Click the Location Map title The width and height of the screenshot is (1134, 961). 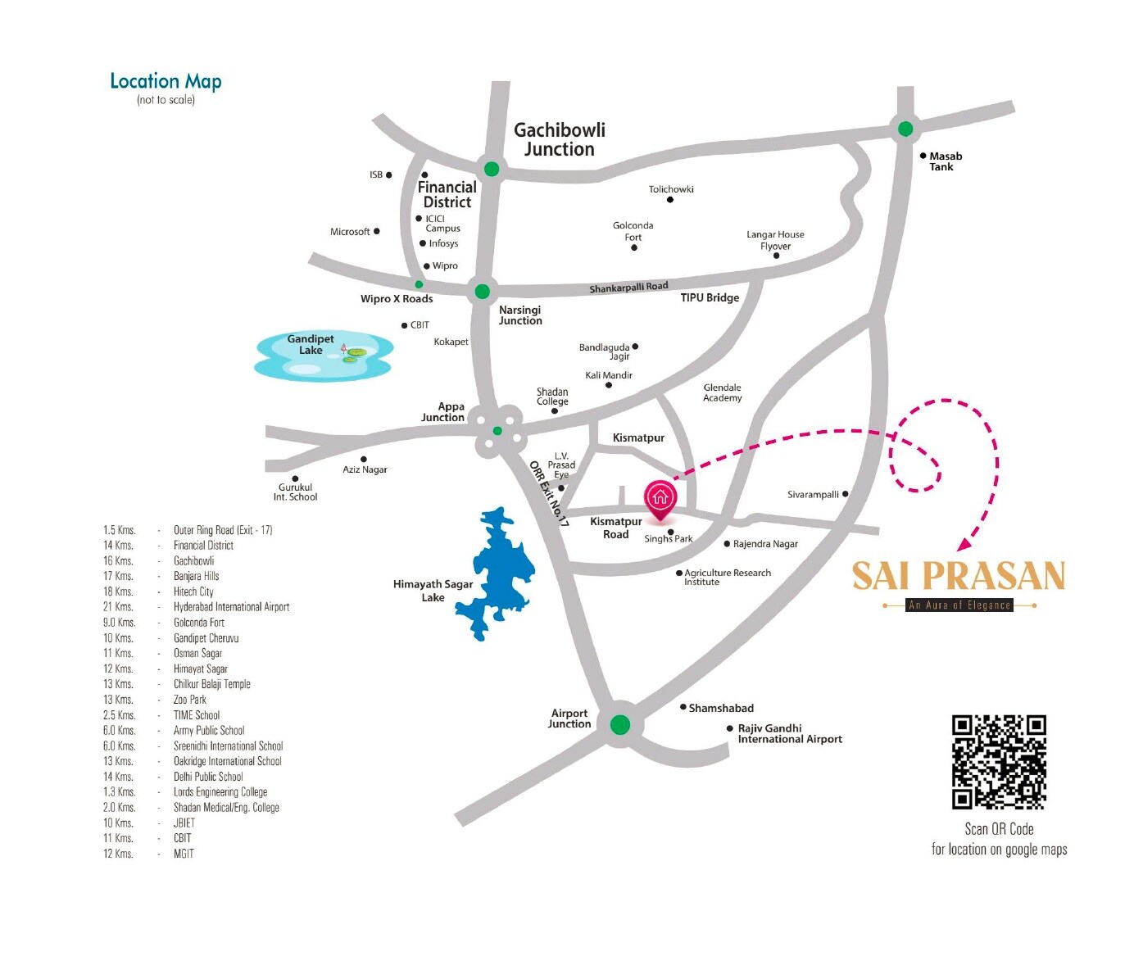166,81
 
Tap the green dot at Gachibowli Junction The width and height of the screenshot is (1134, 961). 492,169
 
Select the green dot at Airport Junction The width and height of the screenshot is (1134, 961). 620,724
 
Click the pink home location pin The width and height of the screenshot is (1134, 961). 660,499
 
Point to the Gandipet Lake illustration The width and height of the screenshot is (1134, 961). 324,356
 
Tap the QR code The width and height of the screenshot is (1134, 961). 999,763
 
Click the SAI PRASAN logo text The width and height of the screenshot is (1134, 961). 959,576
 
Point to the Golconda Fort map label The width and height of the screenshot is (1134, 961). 633,231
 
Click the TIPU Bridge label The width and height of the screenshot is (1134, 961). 710,297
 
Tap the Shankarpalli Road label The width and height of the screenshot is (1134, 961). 628,288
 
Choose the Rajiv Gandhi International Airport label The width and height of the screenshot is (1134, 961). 789,733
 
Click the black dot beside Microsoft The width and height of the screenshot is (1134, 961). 376,232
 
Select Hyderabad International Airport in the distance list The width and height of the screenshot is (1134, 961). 231,607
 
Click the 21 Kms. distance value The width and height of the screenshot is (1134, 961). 118,607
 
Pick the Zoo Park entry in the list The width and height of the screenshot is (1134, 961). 190,700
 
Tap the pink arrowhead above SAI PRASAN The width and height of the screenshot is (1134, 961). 965,543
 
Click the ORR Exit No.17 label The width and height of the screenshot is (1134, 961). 549,493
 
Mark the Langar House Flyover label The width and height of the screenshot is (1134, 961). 775,240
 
